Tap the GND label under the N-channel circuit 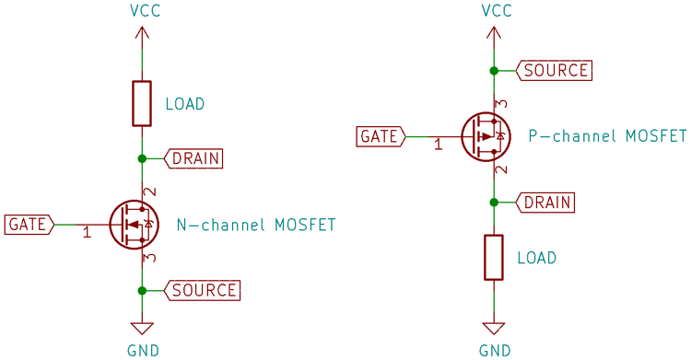click(x=142, y=350)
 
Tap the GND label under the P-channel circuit click(x=496, y=350)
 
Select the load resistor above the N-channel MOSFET click(x=142, y=103)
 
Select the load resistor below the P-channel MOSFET click(x=495, y=257)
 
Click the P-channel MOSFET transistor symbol click(x=485, y=136)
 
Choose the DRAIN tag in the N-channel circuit click(x=193, y=158)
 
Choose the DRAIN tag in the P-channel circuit click(x=546, y=202)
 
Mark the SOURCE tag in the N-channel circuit click(x=202, y=290)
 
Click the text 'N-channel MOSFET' click(x=255, y=225)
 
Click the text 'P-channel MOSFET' click(x=607, y=136)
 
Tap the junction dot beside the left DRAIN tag click(x=142, y=158)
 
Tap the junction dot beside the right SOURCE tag click(x=495, y=70)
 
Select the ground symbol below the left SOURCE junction click(x=142, y=328)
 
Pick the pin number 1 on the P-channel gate click(x=439, y=145)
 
